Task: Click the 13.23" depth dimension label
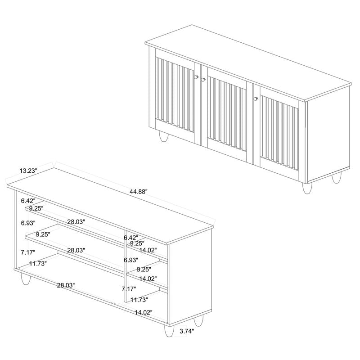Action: tap(28, 171)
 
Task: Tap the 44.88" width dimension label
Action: tap(139, 191)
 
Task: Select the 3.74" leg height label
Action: tap(186, 332)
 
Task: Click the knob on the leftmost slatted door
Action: tap(196, 77)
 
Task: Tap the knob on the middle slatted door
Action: tap(203, 80)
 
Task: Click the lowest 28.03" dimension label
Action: tap(66, 285)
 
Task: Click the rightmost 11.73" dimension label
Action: tap(138, 300)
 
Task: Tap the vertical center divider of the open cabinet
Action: tap(124, 270)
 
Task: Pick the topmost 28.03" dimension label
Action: tap(76, 222)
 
